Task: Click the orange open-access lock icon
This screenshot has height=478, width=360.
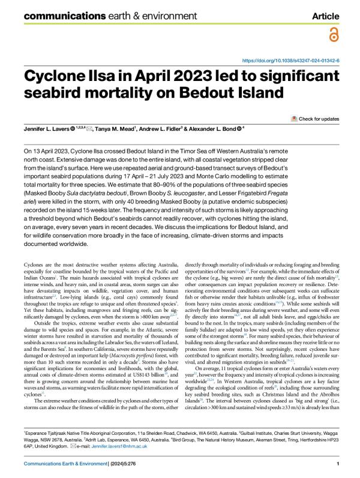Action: pyautogui.click(x=333, y=35)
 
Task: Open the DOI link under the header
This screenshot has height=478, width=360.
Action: pyautogui.click(x=290, y=61)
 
